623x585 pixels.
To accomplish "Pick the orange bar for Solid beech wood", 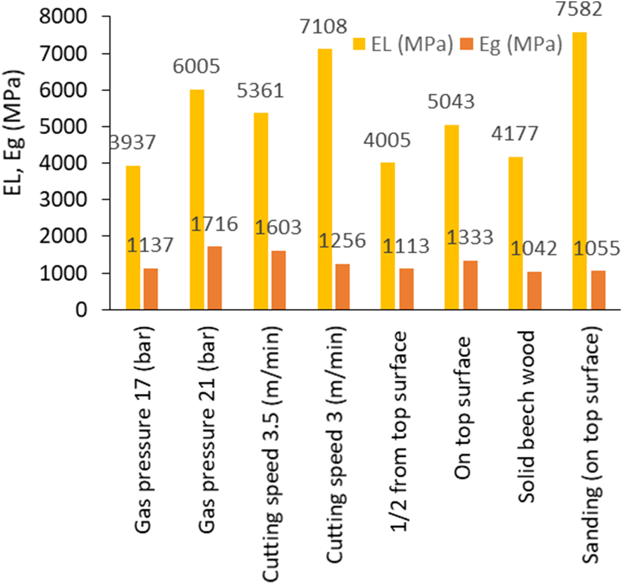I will (534, 291).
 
